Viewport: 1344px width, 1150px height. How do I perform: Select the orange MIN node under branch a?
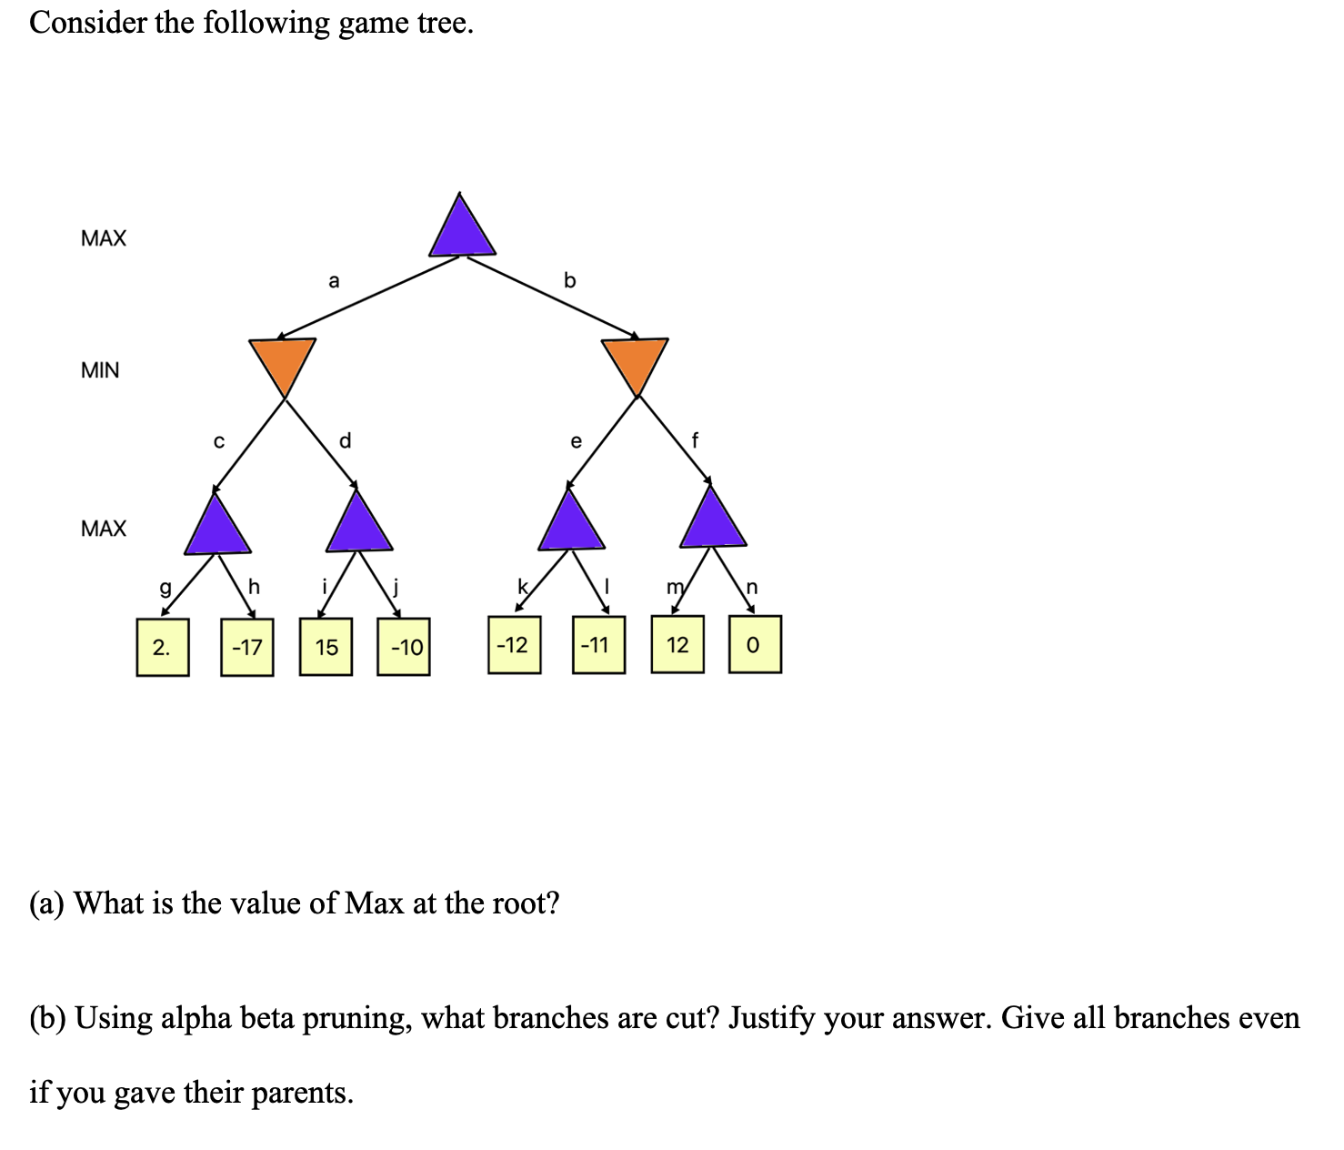[283, 360]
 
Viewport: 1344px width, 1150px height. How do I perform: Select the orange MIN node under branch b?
[635, 360]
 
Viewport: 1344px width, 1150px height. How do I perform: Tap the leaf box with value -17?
[246, 647]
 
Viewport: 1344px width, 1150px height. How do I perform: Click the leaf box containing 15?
[326, 647]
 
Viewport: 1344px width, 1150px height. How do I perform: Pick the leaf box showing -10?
[404, 647]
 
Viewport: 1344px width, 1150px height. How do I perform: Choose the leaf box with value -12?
[514, 645]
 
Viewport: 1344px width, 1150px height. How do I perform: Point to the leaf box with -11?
[598, 645]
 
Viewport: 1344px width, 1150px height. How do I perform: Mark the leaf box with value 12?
[677, 644]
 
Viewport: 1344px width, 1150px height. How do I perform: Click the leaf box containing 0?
[754, 644]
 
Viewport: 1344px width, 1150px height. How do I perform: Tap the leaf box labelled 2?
[163, 647]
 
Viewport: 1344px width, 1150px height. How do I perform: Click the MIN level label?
[100, 370]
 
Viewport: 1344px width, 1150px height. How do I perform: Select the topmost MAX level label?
[104, 238]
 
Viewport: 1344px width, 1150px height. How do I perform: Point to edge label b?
[570, 280]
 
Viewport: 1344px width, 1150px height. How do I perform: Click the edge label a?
[334, 281]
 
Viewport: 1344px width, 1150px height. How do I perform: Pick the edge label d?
[345, 441]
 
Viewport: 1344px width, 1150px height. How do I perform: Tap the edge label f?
[696, 441]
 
